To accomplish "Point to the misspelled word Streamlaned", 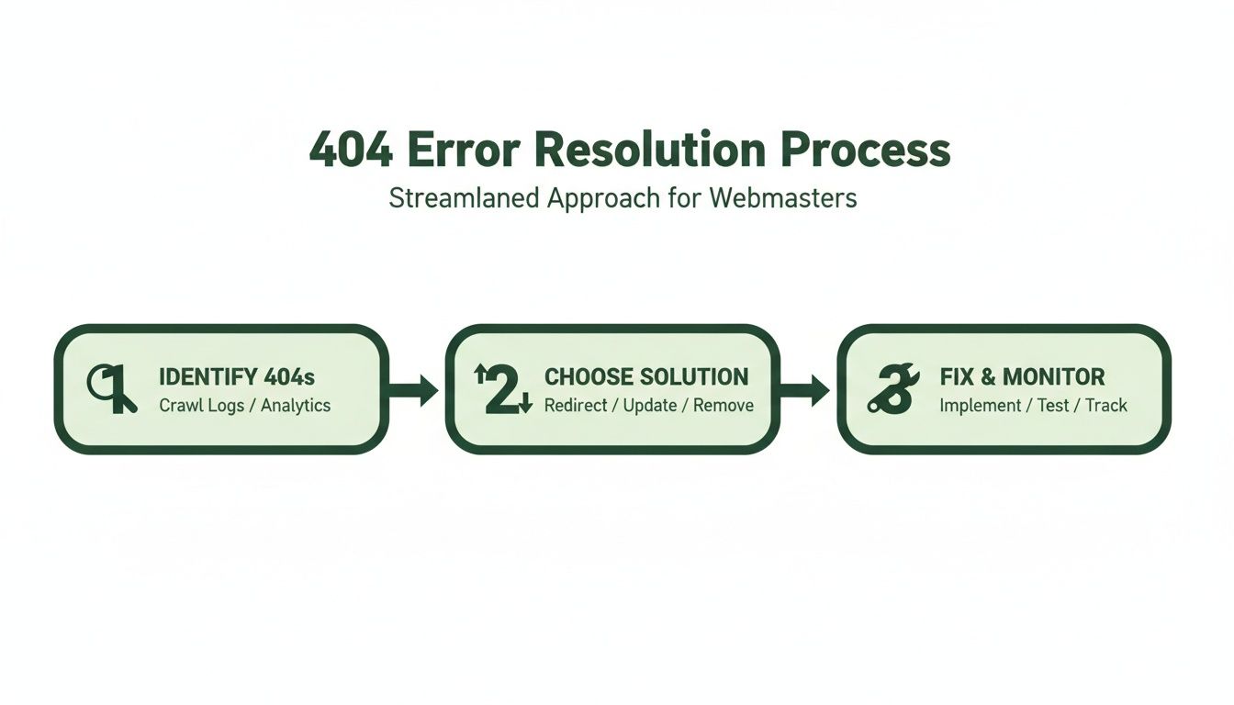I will (x=465, y=199).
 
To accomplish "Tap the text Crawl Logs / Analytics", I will (x=244, y=405).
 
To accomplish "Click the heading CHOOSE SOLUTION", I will (x=646, y=376).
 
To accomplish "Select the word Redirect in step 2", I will (x=577, y=405).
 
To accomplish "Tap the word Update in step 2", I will (x=650, y=405).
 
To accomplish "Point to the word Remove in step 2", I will (x=724, y=405).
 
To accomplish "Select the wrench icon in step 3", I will (x=892, y=389).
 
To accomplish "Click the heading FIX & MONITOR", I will (x=1022, y=376).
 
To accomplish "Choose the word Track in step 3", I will (x=1106, y=405).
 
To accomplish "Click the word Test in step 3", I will (x=1053, y=405).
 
